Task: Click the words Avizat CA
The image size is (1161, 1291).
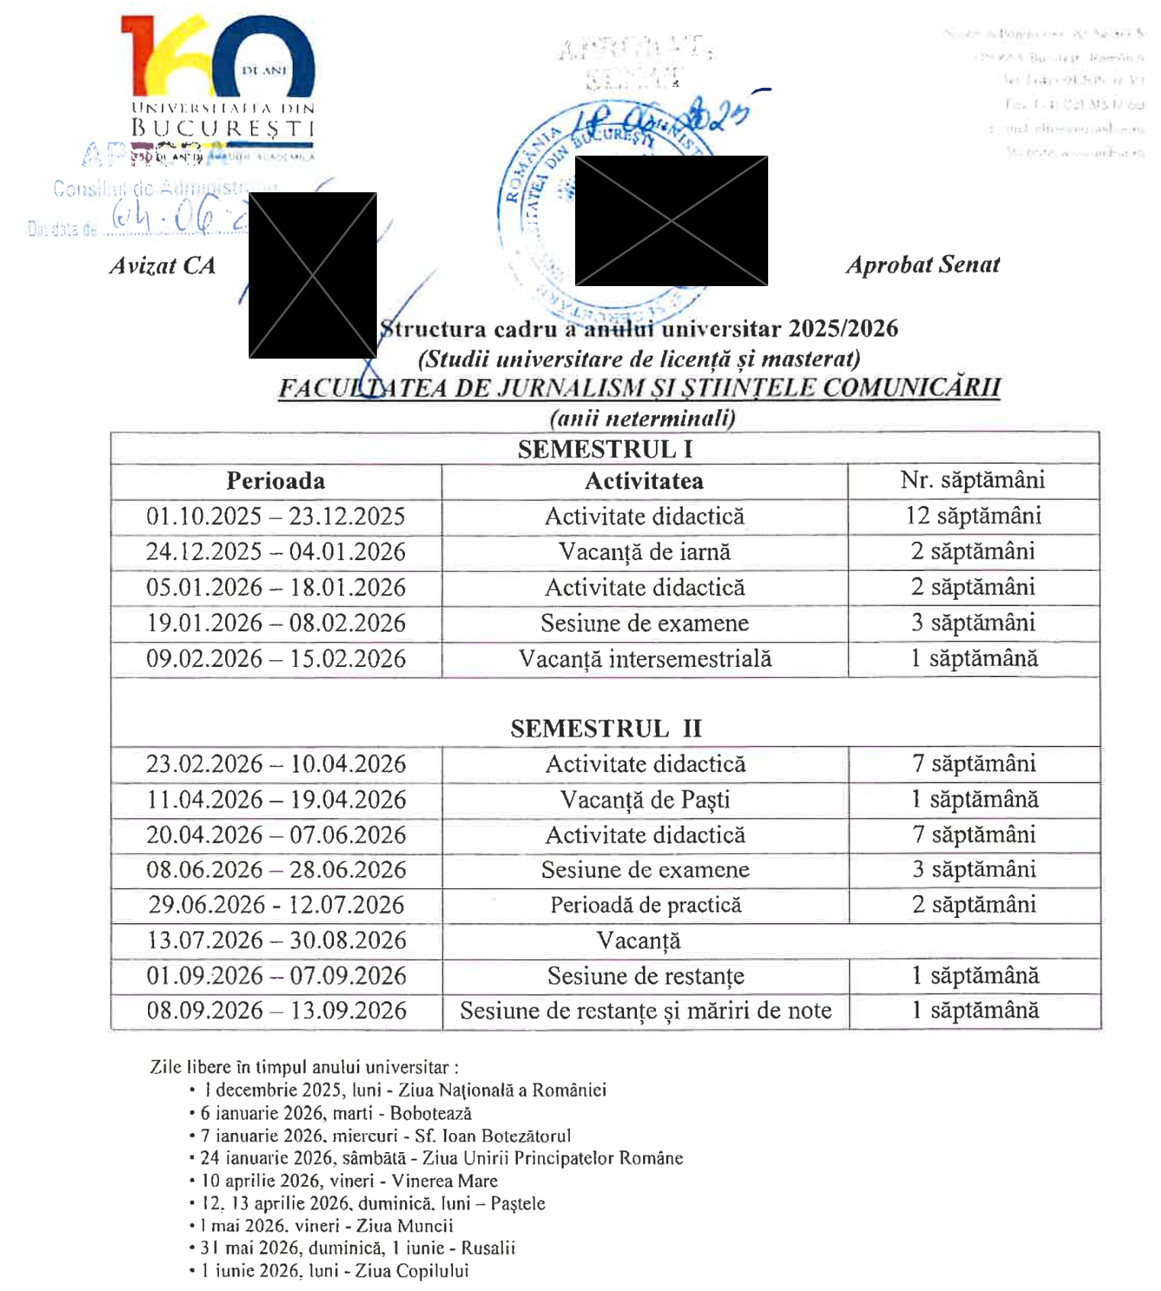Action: (x=162, y=266)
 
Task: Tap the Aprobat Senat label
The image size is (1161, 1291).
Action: (x=922, y=265)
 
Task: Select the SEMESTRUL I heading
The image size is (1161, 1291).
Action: (x=605, y=449)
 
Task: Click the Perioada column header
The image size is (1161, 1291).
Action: (x=275, y=481)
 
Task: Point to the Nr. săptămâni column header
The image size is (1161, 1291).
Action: (x=972, y=480)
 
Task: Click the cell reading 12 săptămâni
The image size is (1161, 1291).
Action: (x=973, y=516)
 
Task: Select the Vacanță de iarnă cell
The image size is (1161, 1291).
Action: (x=645, y=552)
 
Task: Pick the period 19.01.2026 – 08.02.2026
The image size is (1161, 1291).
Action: (x=275, y=623)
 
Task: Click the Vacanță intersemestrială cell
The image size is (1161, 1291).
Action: (x=645, y=658)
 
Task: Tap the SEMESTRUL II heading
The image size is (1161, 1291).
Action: (x=606, y=729)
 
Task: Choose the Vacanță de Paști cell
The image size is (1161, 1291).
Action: (x=645, y=800)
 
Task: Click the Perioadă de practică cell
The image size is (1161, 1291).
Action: (x=645, y=905)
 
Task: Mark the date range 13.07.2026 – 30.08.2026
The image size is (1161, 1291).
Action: (x=276, y=940)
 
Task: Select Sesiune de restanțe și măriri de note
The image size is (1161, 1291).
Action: (x=645, y=1010)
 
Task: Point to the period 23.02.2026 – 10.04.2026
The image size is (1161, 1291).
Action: (x=276, y=764)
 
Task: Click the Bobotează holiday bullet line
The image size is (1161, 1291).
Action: (x=336, y=1113)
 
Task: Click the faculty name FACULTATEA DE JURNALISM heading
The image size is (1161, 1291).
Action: (x=639, y=388)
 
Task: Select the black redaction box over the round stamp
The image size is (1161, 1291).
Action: (x=671, y=221)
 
